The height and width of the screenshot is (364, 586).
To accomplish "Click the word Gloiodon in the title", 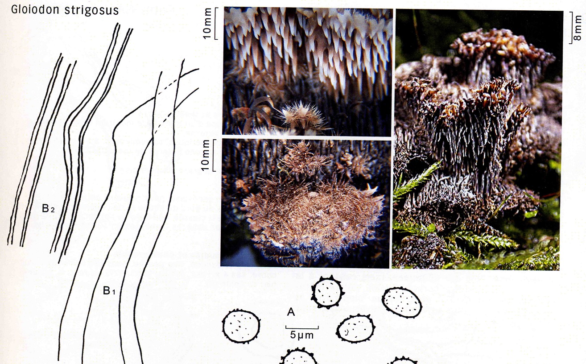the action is pyautogui.click(x=35, y=10).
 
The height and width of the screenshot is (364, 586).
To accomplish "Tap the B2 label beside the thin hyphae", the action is pyautogui.click(x=48, y=209).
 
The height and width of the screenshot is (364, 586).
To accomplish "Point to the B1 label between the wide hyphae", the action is pyautogui.click(x=109, y=290).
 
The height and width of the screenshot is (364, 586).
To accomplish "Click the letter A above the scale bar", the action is pyautogui.click(x=291, y=312).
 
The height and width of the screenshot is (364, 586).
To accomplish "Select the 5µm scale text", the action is pyautogui.click(x=301, y=335).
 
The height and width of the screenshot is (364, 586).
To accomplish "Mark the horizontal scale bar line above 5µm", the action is pyautogui.click(x=302, y=327).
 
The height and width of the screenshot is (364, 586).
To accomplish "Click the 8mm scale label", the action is pyautogui.click(x=577, y=28).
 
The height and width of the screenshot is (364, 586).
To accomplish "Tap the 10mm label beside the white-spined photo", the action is pyautogui.click(x=207, y=24).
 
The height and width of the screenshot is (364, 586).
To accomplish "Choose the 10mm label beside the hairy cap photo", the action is pyautogui.click(x=206, y=155).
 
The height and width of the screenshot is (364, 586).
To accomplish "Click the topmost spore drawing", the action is pyautogui.click(x=327, y=292).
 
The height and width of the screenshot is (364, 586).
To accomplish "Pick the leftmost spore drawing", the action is pyautogui.click(x=241, y=326).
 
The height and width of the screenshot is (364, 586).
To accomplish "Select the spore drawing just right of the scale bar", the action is pyautogui.click(x=356, y=329).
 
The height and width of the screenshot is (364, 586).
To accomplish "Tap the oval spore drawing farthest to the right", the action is pyautogui.click(x=402, y=302).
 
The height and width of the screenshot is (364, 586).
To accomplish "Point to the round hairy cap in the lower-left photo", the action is pyautogui.click(x=313, y=219).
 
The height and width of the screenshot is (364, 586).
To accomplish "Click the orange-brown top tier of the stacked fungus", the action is pyautogui.click(x=497, y=47).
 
